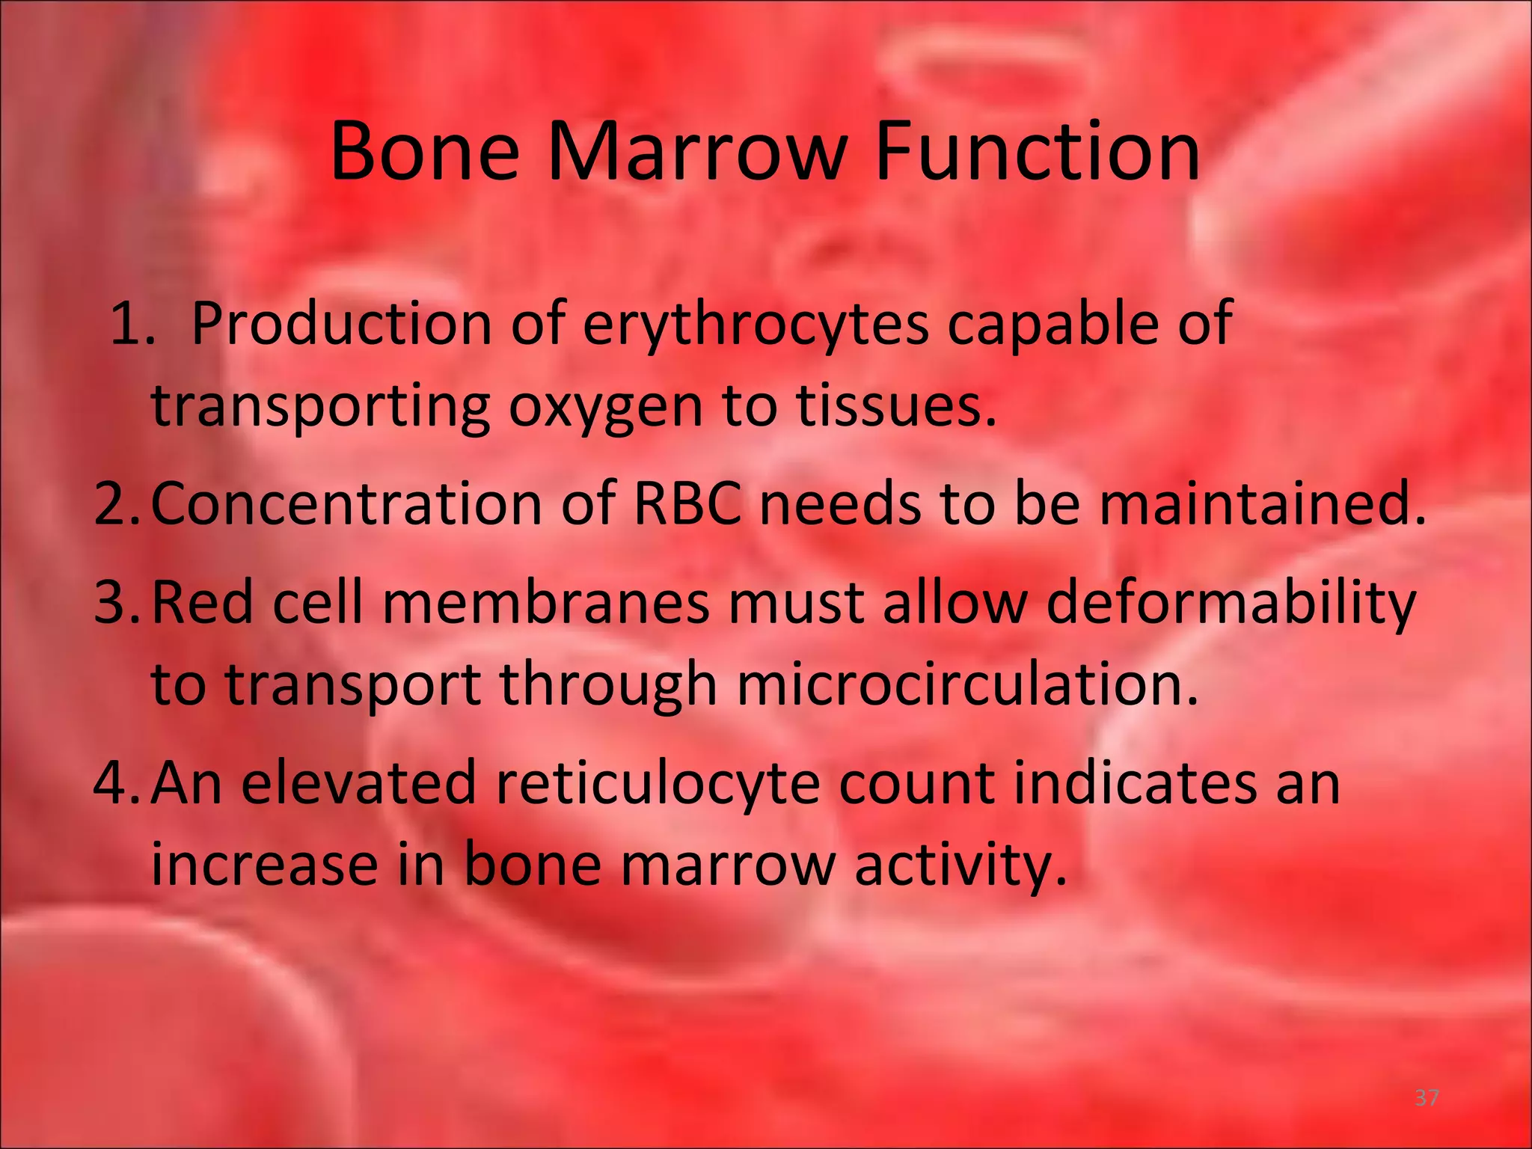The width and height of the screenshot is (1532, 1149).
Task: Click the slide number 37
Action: click(1427, 1097)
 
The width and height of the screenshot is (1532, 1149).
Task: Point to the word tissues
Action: click(895, 405)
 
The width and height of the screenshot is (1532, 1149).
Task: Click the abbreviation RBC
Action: click(687, 503)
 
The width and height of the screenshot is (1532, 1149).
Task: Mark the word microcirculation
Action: click(967, 684)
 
